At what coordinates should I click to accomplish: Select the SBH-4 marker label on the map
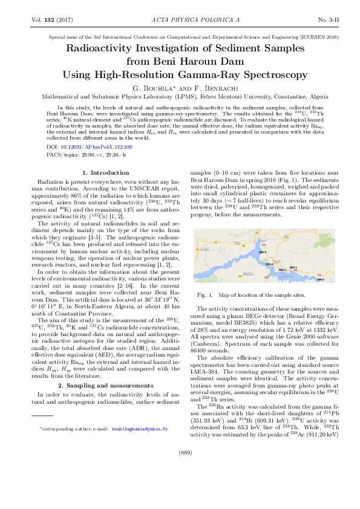tap(270, 264)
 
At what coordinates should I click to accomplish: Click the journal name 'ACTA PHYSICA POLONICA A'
tap(180, 20)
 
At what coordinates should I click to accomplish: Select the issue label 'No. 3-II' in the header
tap(317, 20)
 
